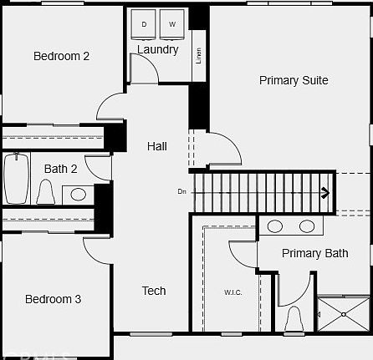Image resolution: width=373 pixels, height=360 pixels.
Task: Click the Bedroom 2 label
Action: (x=61, y=56)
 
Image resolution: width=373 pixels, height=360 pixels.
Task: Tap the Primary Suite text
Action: (x=293, y=80)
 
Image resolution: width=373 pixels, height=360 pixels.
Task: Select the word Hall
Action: (x=156, y=146)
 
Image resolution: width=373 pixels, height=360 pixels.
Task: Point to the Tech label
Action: (x=153, y=291)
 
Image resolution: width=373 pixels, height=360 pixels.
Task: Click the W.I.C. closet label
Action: (x=232, y=292)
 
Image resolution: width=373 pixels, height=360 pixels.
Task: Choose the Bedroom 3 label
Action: (x=53, y=299)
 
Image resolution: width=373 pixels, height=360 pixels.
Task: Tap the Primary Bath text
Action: (x=314, y=253)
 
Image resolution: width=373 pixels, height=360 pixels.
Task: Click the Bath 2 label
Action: (x=61, y=169)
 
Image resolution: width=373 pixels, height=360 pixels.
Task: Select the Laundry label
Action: (x=158, y=49)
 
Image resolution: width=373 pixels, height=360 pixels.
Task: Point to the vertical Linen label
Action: (x=198, y=57)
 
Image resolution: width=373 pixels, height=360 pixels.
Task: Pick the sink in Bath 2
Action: (x=78, y=194)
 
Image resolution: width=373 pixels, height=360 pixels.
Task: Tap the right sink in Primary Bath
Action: (x=307, y=226)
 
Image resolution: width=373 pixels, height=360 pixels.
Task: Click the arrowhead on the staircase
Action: (x=325, y=194)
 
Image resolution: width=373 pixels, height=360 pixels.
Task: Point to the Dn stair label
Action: (x=181, y=191)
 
